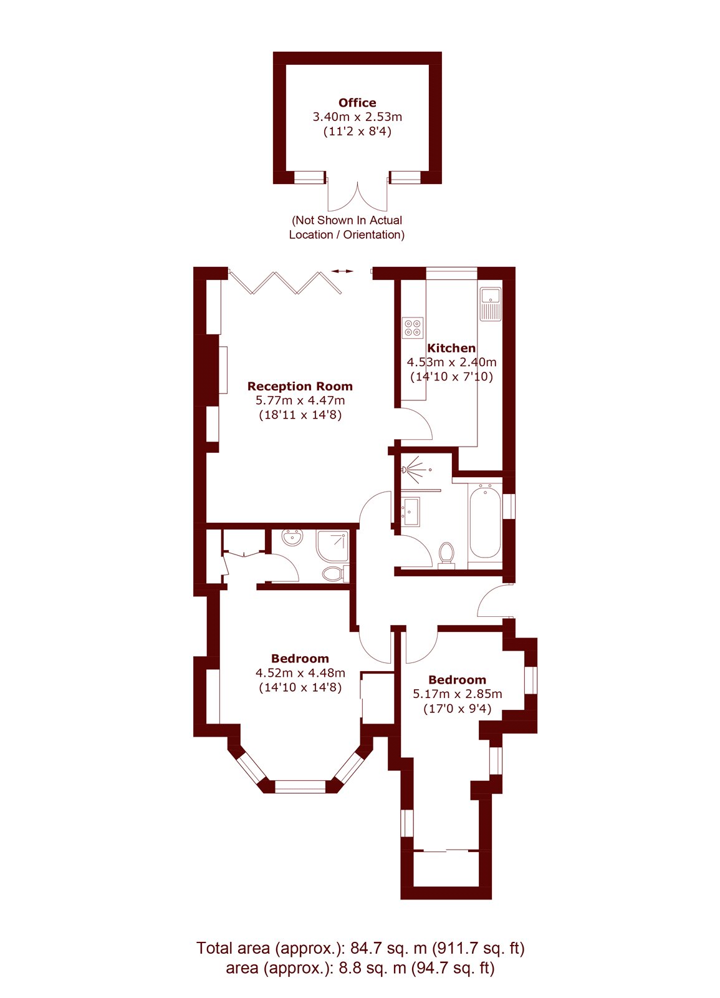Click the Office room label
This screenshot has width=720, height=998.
(357, 103)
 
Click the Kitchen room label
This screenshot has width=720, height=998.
(451, 348)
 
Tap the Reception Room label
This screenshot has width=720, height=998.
(300, 386)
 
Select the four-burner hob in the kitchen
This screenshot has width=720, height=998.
(413, 327)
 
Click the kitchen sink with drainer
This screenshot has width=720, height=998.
(491, 304)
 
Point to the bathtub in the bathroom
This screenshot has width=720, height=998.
(485, 523)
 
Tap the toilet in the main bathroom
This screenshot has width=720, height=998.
(446, 555)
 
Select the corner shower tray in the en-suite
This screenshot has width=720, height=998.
(332, 545)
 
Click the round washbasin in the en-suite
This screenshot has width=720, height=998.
(292, 537)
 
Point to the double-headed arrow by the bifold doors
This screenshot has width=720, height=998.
(342, 271)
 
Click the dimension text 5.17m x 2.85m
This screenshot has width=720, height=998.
(458, 694)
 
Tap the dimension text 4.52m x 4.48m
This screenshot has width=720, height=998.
(300, 673)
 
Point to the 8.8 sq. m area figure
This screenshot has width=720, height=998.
(372, 969)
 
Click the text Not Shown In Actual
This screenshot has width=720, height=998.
(347, 220)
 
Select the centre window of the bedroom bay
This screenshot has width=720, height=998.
(300, 786)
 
